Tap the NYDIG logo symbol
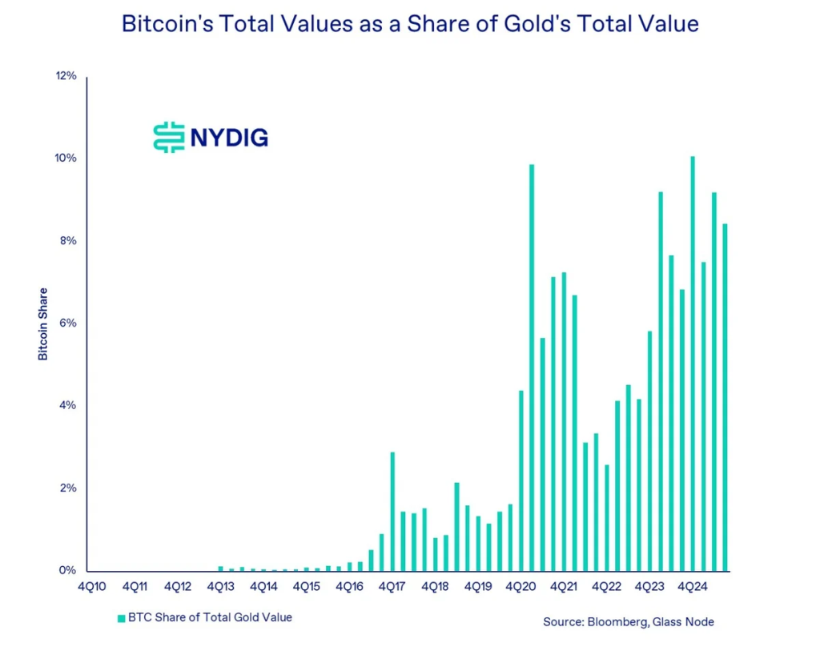(x=168, y=137)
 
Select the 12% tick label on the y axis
(x=66, y=76)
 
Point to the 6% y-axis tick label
(x=68, y=323)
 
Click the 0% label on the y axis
(x=68, y=571)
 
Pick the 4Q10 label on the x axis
(x=92, y=586)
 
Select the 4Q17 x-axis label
(x=392, y=586)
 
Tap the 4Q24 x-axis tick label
(x=692, y=586)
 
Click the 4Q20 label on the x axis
(x=521, y=586)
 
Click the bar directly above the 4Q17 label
(x=392, y=512)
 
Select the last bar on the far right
(x=725, y=397)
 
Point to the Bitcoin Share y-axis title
(x=43, y=323)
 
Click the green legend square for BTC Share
(x=122, y=618)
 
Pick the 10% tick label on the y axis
(x=66, y=159)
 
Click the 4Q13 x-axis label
(x=220, y=586)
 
